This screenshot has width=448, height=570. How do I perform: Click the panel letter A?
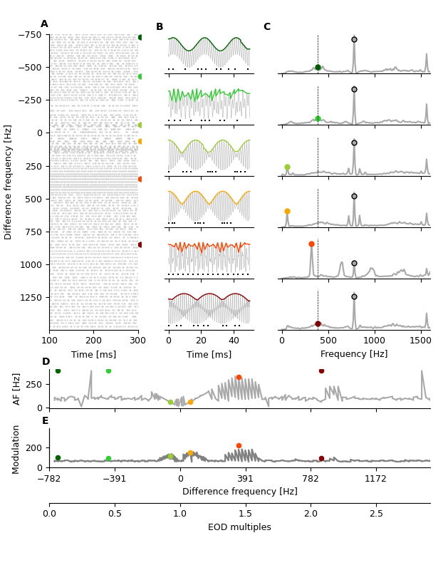44,24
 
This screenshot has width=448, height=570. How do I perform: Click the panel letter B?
160,27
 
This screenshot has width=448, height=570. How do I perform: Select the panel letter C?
267,27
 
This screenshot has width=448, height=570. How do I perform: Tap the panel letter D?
46,362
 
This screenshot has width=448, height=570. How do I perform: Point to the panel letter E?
46,421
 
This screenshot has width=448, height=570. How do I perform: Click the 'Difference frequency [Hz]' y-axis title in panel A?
9,182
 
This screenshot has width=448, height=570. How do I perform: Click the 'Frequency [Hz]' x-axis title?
354,354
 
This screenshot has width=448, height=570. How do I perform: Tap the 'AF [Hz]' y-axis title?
17,389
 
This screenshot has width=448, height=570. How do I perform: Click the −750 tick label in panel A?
29,35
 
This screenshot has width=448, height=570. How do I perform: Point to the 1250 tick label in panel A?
31,297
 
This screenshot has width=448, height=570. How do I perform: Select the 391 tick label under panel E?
246,480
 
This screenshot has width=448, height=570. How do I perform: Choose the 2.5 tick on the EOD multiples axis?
376,514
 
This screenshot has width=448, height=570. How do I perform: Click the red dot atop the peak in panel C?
311,244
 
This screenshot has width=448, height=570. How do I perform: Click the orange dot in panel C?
287,211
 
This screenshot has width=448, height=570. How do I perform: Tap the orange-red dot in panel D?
239,378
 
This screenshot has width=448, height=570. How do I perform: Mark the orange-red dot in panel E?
239,446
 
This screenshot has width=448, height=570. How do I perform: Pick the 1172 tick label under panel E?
376,480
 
